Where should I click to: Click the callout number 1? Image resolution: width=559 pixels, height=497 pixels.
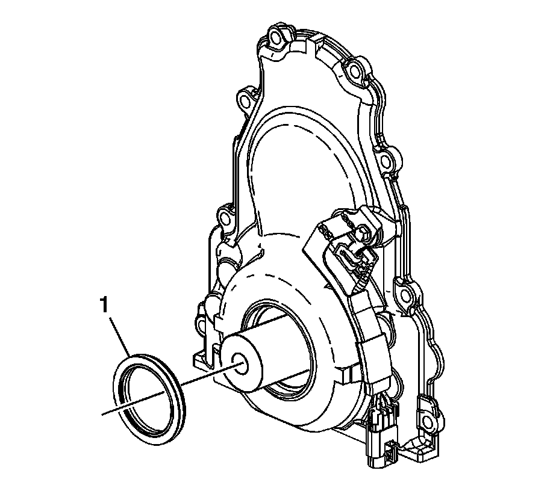[x=104, y=306]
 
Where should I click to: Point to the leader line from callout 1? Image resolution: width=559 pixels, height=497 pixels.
[x=120, y=336]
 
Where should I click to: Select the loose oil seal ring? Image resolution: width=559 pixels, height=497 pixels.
[x=149, y=399]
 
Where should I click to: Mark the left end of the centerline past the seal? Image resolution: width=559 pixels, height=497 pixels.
[x=102, y=415]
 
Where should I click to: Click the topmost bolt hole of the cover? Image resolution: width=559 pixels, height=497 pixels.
[x=275, y=38]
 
